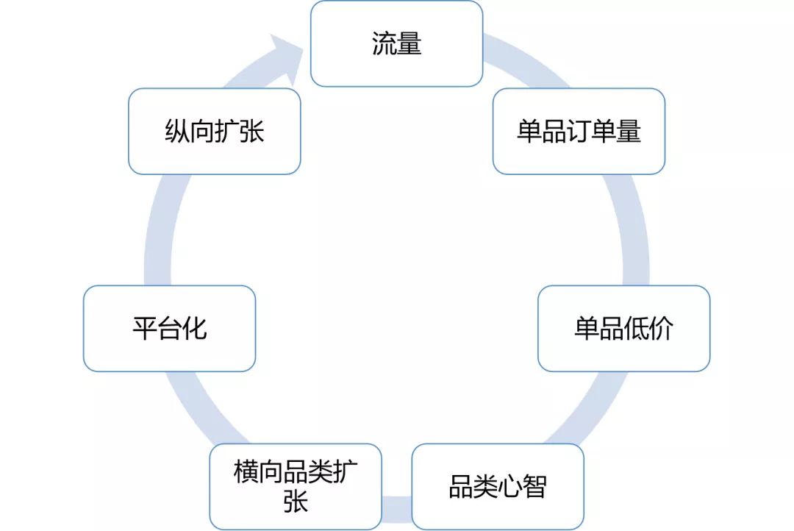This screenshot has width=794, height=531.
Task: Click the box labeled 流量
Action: (396, 44)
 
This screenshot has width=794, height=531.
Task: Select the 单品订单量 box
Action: (579, 131)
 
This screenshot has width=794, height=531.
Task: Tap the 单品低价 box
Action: (623, 328)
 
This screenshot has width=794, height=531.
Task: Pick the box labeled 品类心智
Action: (498, 487)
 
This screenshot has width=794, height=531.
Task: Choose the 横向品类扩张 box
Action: (296, 486)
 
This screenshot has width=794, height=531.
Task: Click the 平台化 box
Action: (169, 328)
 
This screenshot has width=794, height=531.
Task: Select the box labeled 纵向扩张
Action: (214, 131)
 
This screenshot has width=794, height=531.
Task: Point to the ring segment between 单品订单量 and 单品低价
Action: (633, 228)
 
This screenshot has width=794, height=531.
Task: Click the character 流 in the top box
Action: (384, 44)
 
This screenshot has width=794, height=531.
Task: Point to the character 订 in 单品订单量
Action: (579, 132)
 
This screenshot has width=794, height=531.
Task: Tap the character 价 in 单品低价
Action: (661, 329)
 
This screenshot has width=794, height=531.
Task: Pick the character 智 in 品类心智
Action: (534, 487)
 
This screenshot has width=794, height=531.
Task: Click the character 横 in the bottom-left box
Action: (246, 471)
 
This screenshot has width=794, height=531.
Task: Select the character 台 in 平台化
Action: (169, 328)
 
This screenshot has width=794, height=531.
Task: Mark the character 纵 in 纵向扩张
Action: (176, 132)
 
